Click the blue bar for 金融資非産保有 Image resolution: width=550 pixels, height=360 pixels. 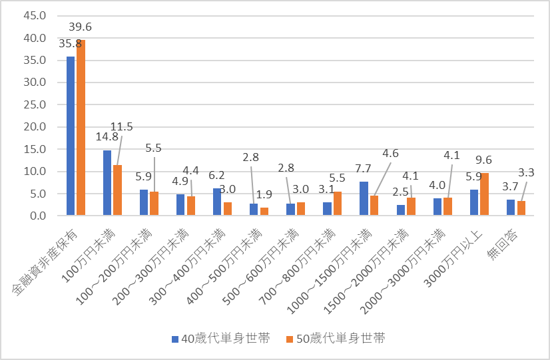(x=71, y=136)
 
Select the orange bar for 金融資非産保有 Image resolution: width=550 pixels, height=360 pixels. (x=81, y=127)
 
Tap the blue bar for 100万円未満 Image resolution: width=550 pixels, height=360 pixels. (x=107, y=182)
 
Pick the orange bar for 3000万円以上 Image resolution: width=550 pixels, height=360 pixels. (x=484, y=194)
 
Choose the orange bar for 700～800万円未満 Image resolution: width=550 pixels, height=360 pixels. (x=338, y=203)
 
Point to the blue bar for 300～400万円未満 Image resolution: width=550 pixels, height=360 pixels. (x=217, y=202)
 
